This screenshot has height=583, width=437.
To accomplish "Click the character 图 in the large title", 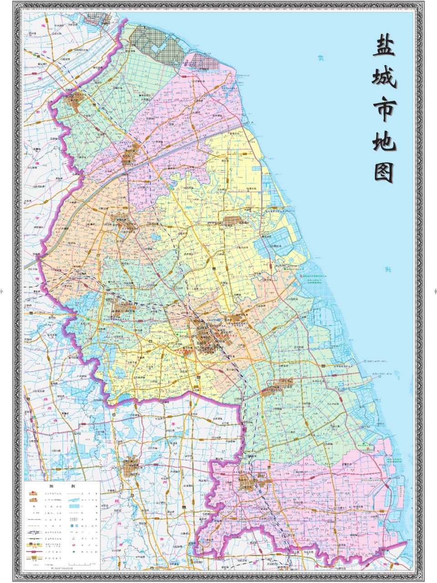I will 385,172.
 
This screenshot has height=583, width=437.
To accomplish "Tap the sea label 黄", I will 321,58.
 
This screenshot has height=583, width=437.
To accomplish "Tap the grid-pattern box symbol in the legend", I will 74,519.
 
